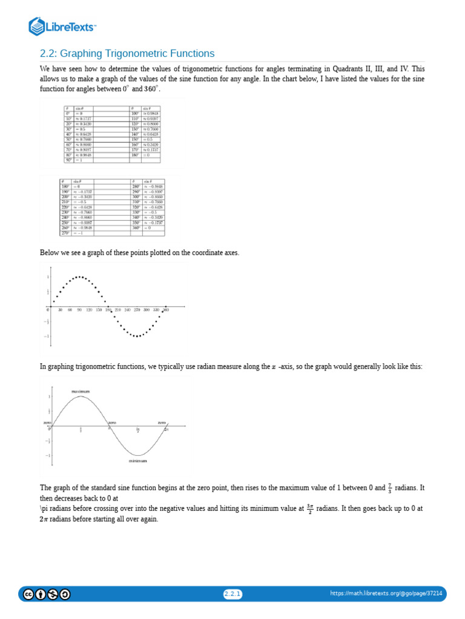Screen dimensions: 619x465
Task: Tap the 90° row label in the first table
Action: [x=68, y=160]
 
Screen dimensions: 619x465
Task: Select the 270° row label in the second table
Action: [x=64, y=233]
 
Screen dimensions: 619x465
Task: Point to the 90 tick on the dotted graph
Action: [x=79, y=309]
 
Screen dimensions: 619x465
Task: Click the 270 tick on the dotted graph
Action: [x=137, y=309]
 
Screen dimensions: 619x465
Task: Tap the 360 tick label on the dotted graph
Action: [x=165, y=309]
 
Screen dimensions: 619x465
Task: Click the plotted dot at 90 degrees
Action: [x=79, y=277]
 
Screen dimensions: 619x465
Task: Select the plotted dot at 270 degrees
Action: [x=137, y=336]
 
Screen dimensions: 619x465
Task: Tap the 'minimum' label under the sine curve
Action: [x=137, y=461]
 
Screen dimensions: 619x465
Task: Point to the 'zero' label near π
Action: [x=112, y=422]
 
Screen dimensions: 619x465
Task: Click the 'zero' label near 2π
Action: [x=162, y=422]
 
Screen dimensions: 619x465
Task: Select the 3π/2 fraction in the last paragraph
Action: [x=309, y=509]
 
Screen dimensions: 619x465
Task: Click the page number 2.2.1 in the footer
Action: [x=232, y=594]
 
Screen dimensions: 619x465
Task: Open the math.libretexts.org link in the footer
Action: [x=386, y=594]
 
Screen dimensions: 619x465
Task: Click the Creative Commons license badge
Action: [x=47, y=594]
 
